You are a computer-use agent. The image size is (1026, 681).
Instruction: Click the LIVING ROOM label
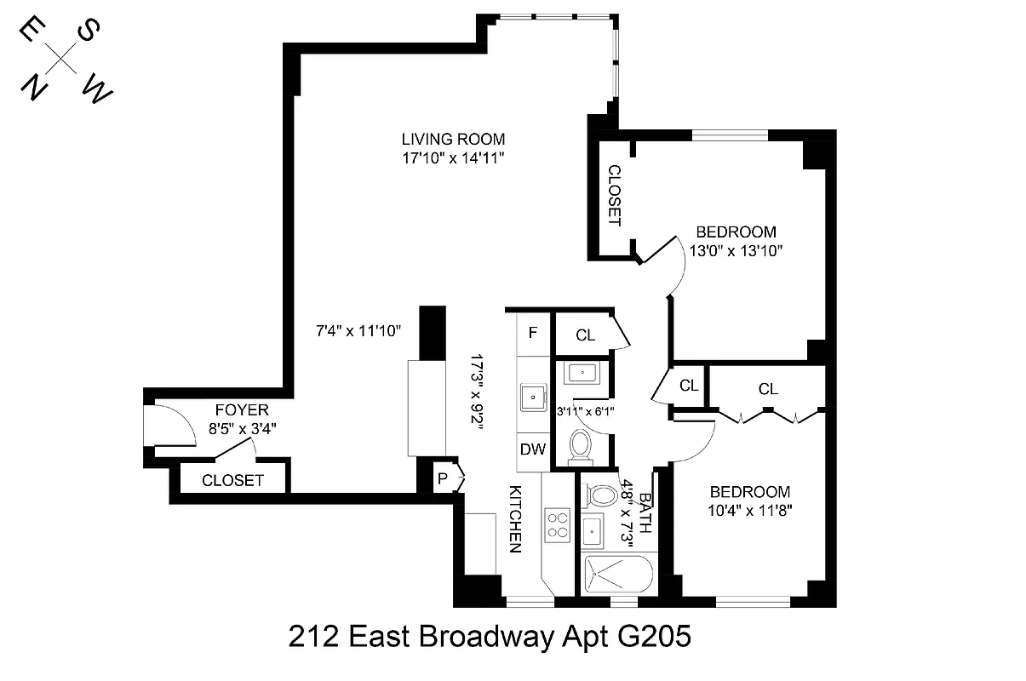(454, 139)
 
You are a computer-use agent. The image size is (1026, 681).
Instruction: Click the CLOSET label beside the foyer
(232, 481)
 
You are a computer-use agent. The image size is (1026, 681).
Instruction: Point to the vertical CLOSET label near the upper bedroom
(613, 196)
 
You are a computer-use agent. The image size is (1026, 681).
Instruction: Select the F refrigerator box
(533, 333)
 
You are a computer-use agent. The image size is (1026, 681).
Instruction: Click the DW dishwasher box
(534, 449)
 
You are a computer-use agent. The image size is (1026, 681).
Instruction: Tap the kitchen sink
(534, 396)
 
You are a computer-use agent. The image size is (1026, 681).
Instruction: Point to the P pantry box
(443, 478)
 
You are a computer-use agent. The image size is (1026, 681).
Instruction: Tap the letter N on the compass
(34, 87)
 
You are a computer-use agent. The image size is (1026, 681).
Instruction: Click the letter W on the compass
(98, 90)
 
